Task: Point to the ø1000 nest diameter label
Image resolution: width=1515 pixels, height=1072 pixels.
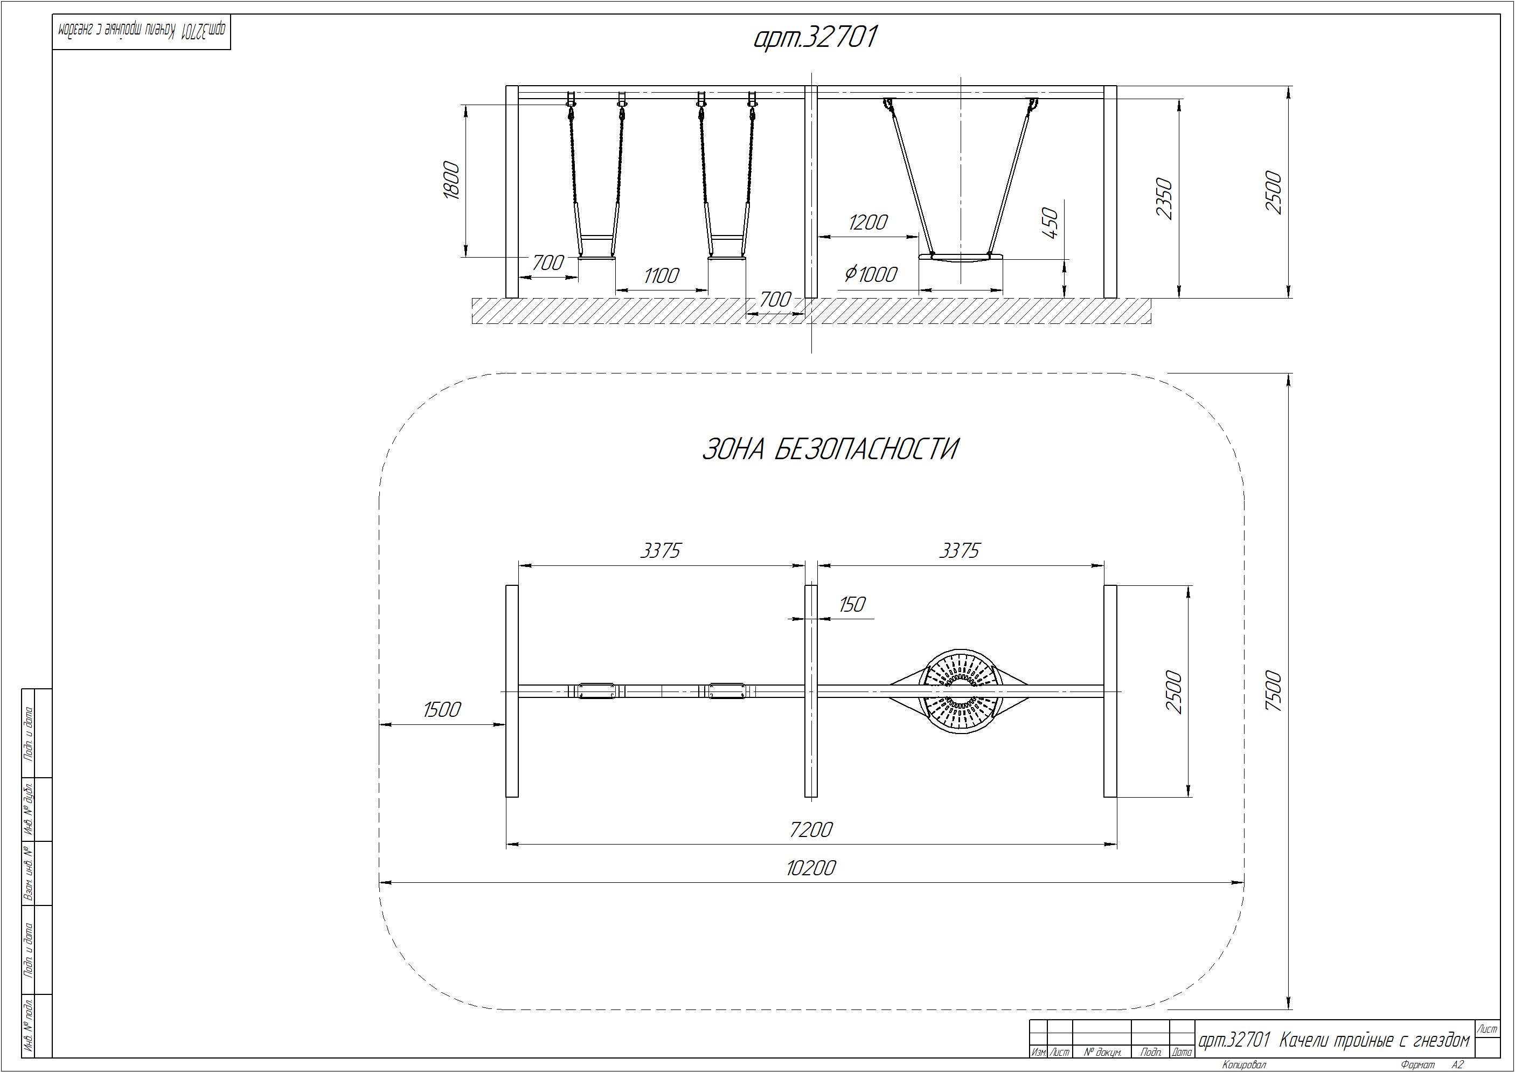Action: tap(871, 273)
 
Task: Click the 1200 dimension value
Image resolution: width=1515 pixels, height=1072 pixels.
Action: tap(868, 222)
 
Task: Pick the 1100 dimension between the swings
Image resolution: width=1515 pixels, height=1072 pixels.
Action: tap(661, 275)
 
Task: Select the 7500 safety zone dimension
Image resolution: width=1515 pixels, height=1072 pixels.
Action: tap(1274, 691)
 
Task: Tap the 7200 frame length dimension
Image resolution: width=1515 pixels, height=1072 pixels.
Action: tap(811, 829)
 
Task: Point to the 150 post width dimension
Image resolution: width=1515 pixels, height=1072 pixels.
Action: tap(852, 604)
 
